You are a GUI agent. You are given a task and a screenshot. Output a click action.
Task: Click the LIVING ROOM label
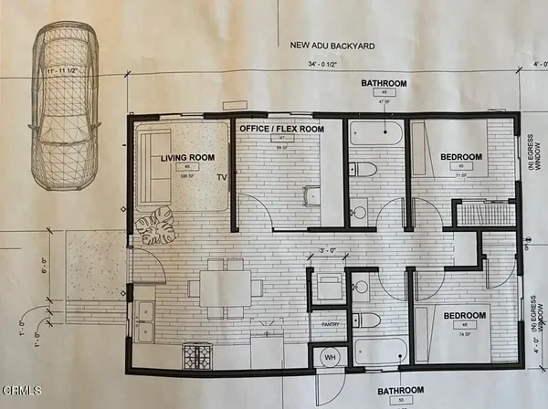(187, 158)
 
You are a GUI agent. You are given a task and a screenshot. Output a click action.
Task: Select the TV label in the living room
(222, 177)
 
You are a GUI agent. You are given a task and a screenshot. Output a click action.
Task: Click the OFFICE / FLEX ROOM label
(281, 130)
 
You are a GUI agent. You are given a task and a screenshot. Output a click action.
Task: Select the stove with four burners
(197, 353)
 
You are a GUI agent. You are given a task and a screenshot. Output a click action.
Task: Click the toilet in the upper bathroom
(365, 169)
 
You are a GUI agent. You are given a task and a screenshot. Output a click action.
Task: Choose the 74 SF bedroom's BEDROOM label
(467, 315)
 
